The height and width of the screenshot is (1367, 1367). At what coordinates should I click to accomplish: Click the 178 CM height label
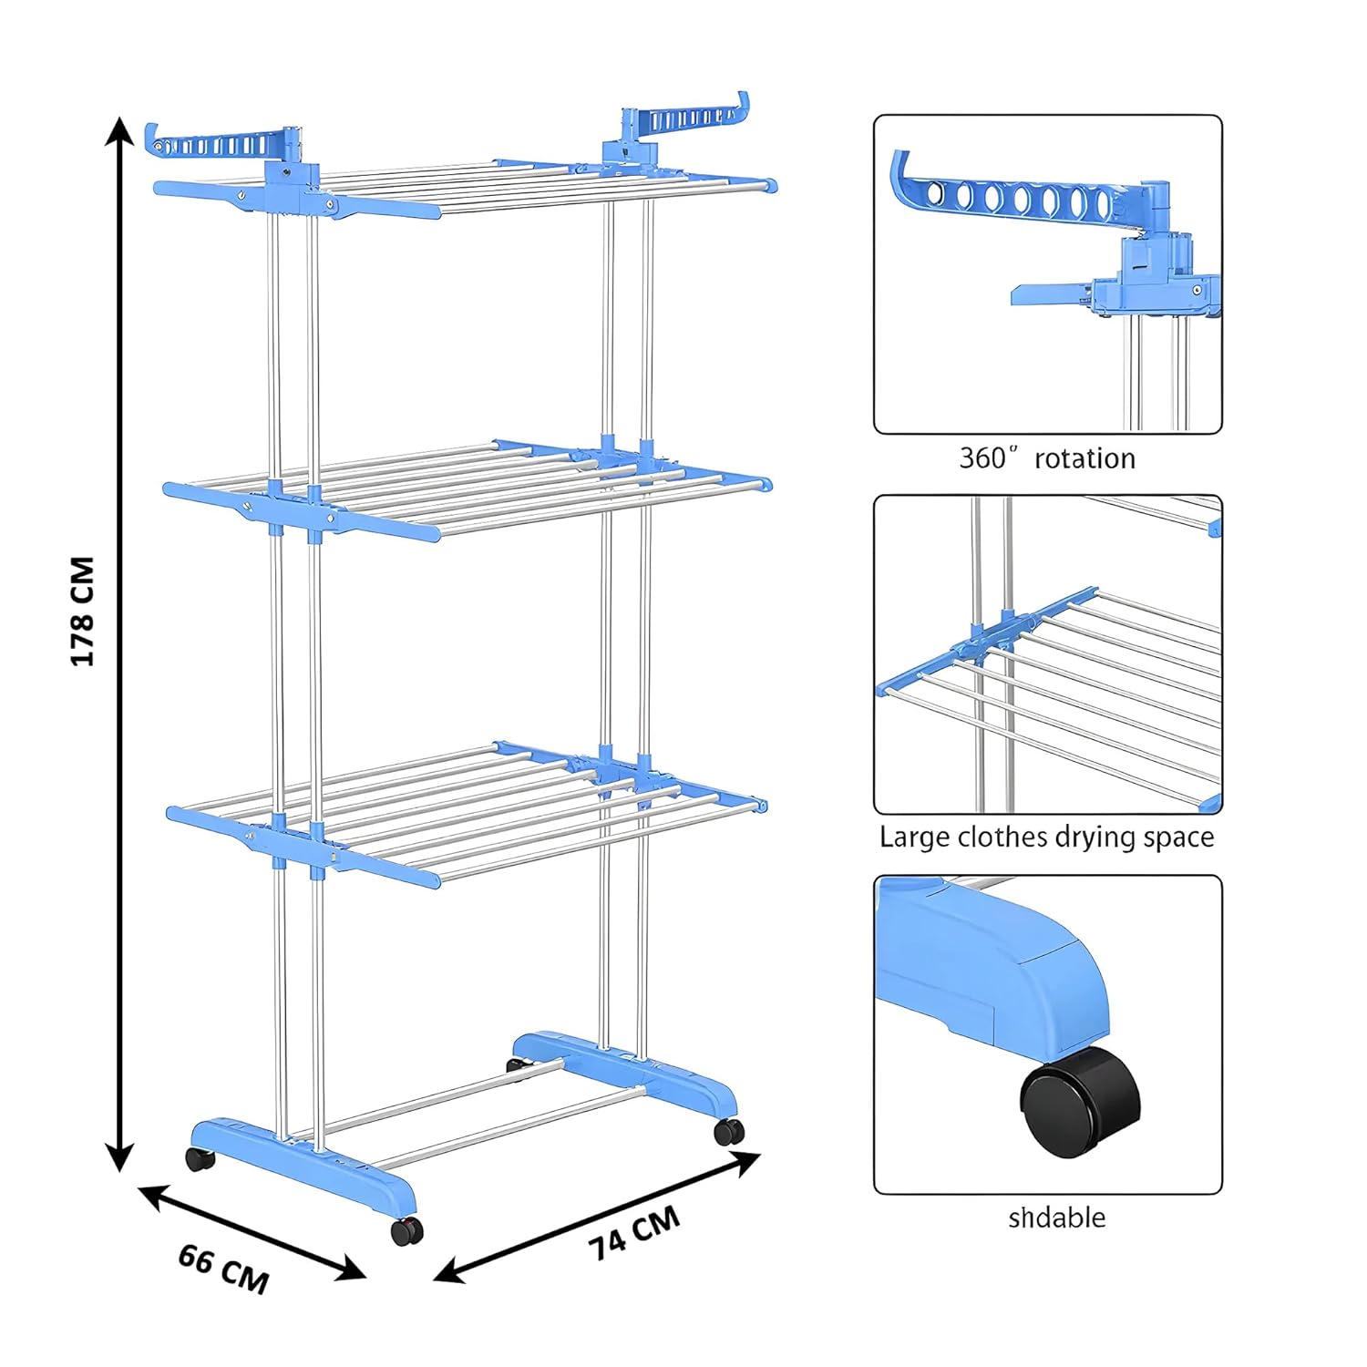coord(83,612)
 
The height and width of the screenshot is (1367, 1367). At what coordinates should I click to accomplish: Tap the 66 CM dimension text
coord(223,1268)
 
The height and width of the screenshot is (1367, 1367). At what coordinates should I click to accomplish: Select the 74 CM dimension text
coord(634,1233)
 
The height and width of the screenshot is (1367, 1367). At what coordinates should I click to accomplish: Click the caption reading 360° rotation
coord(1047,457)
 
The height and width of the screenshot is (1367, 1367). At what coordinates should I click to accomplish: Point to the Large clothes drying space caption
coord(1046,837)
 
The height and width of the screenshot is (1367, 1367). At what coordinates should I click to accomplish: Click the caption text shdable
coord(1056,1218)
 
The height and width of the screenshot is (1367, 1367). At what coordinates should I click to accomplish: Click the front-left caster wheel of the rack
coord(200,1159)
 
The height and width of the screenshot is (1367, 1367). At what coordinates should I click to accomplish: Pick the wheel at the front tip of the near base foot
coord(406,1230)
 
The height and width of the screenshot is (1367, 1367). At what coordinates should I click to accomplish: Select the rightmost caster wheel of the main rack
coord(729,1131)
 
